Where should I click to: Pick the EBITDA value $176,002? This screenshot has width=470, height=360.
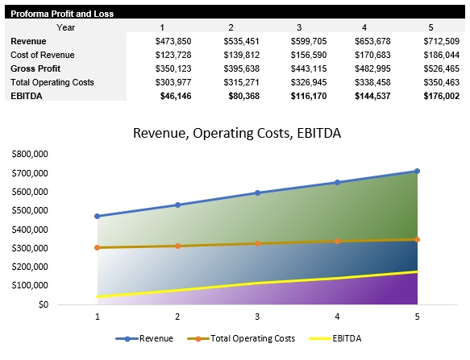pos(442,95)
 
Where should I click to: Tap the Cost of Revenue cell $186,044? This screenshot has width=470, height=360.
pos(442,55)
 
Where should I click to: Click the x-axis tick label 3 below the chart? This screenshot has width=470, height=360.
pos(257,317)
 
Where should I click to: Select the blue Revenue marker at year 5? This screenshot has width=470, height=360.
pos(417,171)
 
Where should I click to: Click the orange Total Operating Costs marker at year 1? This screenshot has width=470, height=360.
pos(98,247)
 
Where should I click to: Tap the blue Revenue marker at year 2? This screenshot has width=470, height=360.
pos(177,205)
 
